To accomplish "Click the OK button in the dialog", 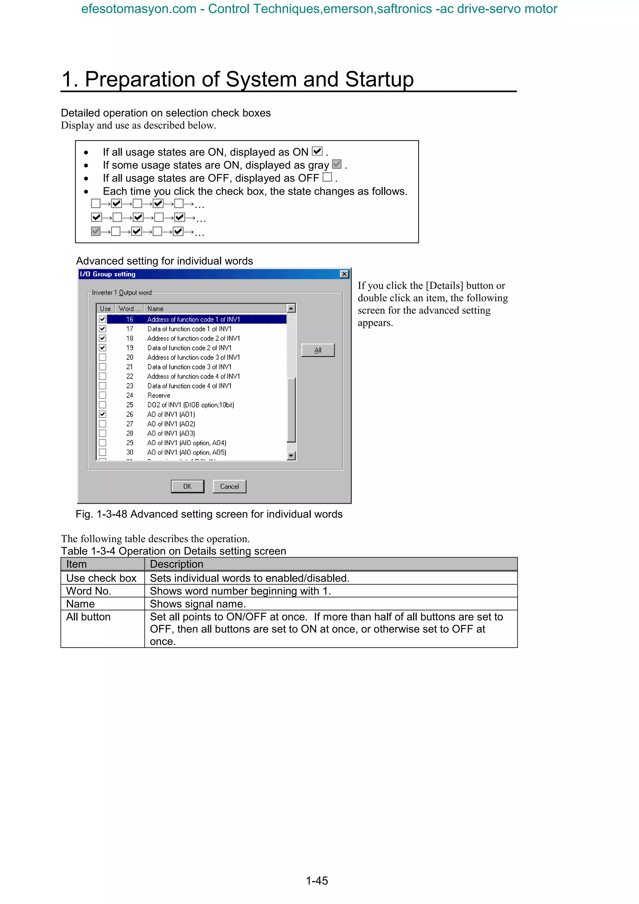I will pyautogui.click(x=188, y=486).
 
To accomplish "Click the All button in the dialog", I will pyautogui.click(x=318, y=350).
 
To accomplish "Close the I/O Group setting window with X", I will pyautogui.click(x=344, y=274).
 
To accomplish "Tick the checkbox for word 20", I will pyautogui.click(x=102, y=357).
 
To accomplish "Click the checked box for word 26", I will pyautogui.click(x=102, y=414).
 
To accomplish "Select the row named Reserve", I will pyautogui.click(x=159, y=395).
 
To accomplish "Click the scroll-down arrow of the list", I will pyautogui.click(x=291, y=456).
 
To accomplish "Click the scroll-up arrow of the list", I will pyautogui.click(x=291, y=308).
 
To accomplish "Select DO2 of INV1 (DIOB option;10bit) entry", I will pyautogui.click(x=191, y=405).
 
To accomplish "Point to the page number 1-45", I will pyautogui.click(x=317, y=881).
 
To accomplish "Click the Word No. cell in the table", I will pyautogui.click(x=89, y=591).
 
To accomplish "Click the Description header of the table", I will pyautogui.click(x=176, y=564).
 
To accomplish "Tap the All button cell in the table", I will pyautogui.click(x=88, y=617).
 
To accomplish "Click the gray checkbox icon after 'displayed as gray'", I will pyautogui.click(x=337, y=164).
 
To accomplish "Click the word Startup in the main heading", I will pyautogui.click(x=379, y=79).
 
